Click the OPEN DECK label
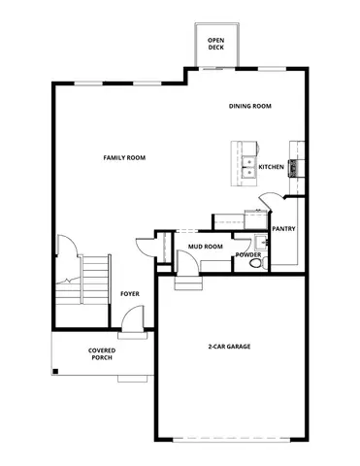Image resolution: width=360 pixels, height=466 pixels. coord(215,45)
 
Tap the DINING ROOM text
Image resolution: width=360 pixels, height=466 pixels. coord(249,106)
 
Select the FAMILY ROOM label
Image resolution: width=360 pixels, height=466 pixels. coord(124,156)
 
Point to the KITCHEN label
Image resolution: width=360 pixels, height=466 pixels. coord(271,167)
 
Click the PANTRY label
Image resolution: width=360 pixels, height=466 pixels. coord(283,229)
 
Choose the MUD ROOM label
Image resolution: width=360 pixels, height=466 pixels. coord(205,247)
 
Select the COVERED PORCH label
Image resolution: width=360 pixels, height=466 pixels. coord(101,353)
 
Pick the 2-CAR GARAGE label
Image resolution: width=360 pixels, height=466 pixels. coord(230,347)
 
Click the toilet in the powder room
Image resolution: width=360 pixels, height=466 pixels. coord(256,263)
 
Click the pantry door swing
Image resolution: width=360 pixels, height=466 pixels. coord(268,206)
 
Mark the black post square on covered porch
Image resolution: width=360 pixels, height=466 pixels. coord(56,370)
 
